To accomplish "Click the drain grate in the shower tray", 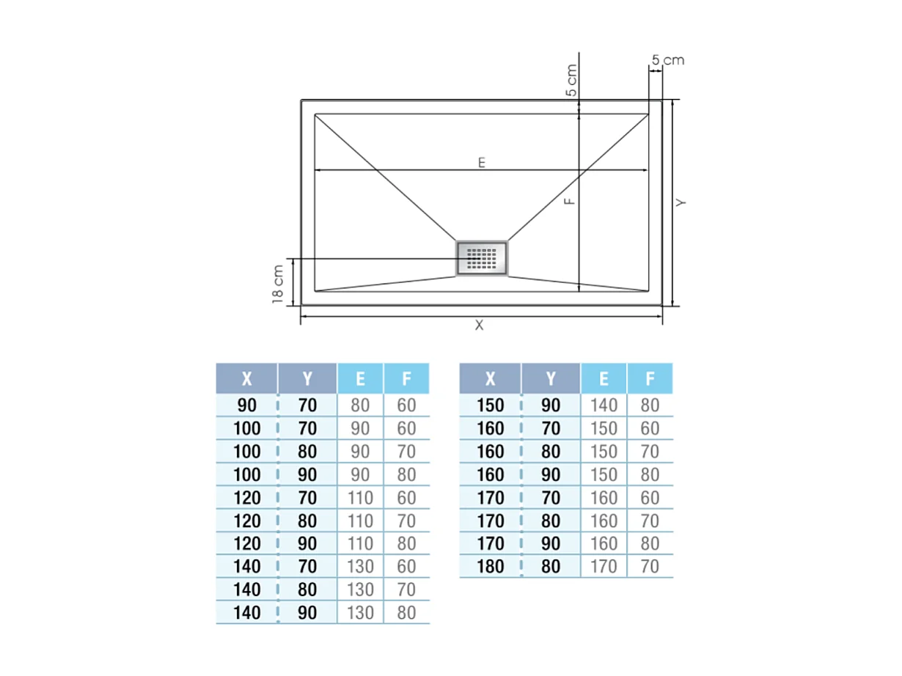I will click(x=482, y=258).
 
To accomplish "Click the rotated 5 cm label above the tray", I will click(x=572, y=81).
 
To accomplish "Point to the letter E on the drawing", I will click(x=482, y=163).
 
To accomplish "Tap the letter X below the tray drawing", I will click(x=480, y=326).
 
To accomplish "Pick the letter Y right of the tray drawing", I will click(x=681, y=202).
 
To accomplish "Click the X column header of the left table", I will click(x=247, y=378).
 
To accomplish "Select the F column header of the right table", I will click(x=650, y=378).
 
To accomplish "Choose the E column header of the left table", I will click(x=360, y=378).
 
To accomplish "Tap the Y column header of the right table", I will click(x=551, y=378).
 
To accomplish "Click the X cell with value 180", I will click(x=491, y=567).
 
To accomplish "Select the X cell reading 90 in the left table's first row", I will click(x=247, y=405).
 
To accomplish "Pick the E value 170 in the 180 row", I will click(x=604, y=567).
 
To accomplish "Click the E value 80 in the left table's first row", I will click(x=360, y=405).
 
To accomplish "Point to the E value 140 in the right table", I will click(x=604, y=405).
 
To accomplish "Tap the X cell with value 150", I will click(x=491, y=405).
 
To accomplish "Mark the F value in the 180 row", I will click(x=650, y=567).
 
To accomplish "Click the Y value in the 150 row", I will click(x=551, y=405).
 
